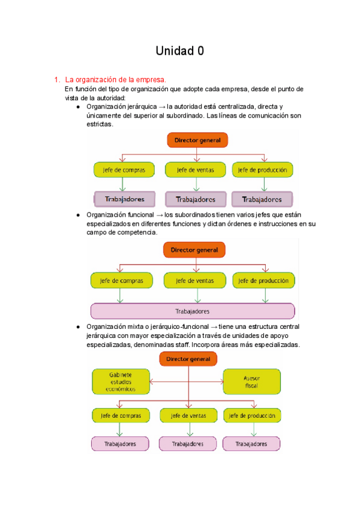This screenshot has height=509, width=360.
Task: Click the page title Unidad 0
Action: click(x=180, y=51)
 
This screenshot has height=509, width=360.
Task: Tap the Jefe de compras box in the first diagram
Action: click(x=120, y=170)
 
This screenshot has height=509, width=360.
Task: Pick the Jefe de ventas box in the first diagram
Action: click(x=192, y=170)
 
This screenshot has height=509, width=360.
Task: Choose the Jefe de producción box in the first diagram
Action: click(x=262, y=170)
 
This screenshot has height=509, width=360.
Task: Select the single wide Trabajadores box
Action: click(x=192, y=311)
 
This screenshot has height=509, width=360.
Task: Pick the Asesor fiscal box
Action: click(x=251, y=382)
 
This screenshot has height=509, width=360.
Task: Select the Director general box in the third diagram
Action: click(x=188, y=358)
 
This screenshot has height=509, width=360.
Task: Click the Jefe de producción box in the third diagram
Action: click(x=251, y=415)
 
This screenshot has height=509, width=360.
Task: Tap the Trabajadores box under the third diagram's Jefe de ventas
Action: click(x=188, y=444)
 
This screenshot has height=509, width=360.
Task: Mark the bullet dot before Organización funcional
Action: click(x=78, y=215)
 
